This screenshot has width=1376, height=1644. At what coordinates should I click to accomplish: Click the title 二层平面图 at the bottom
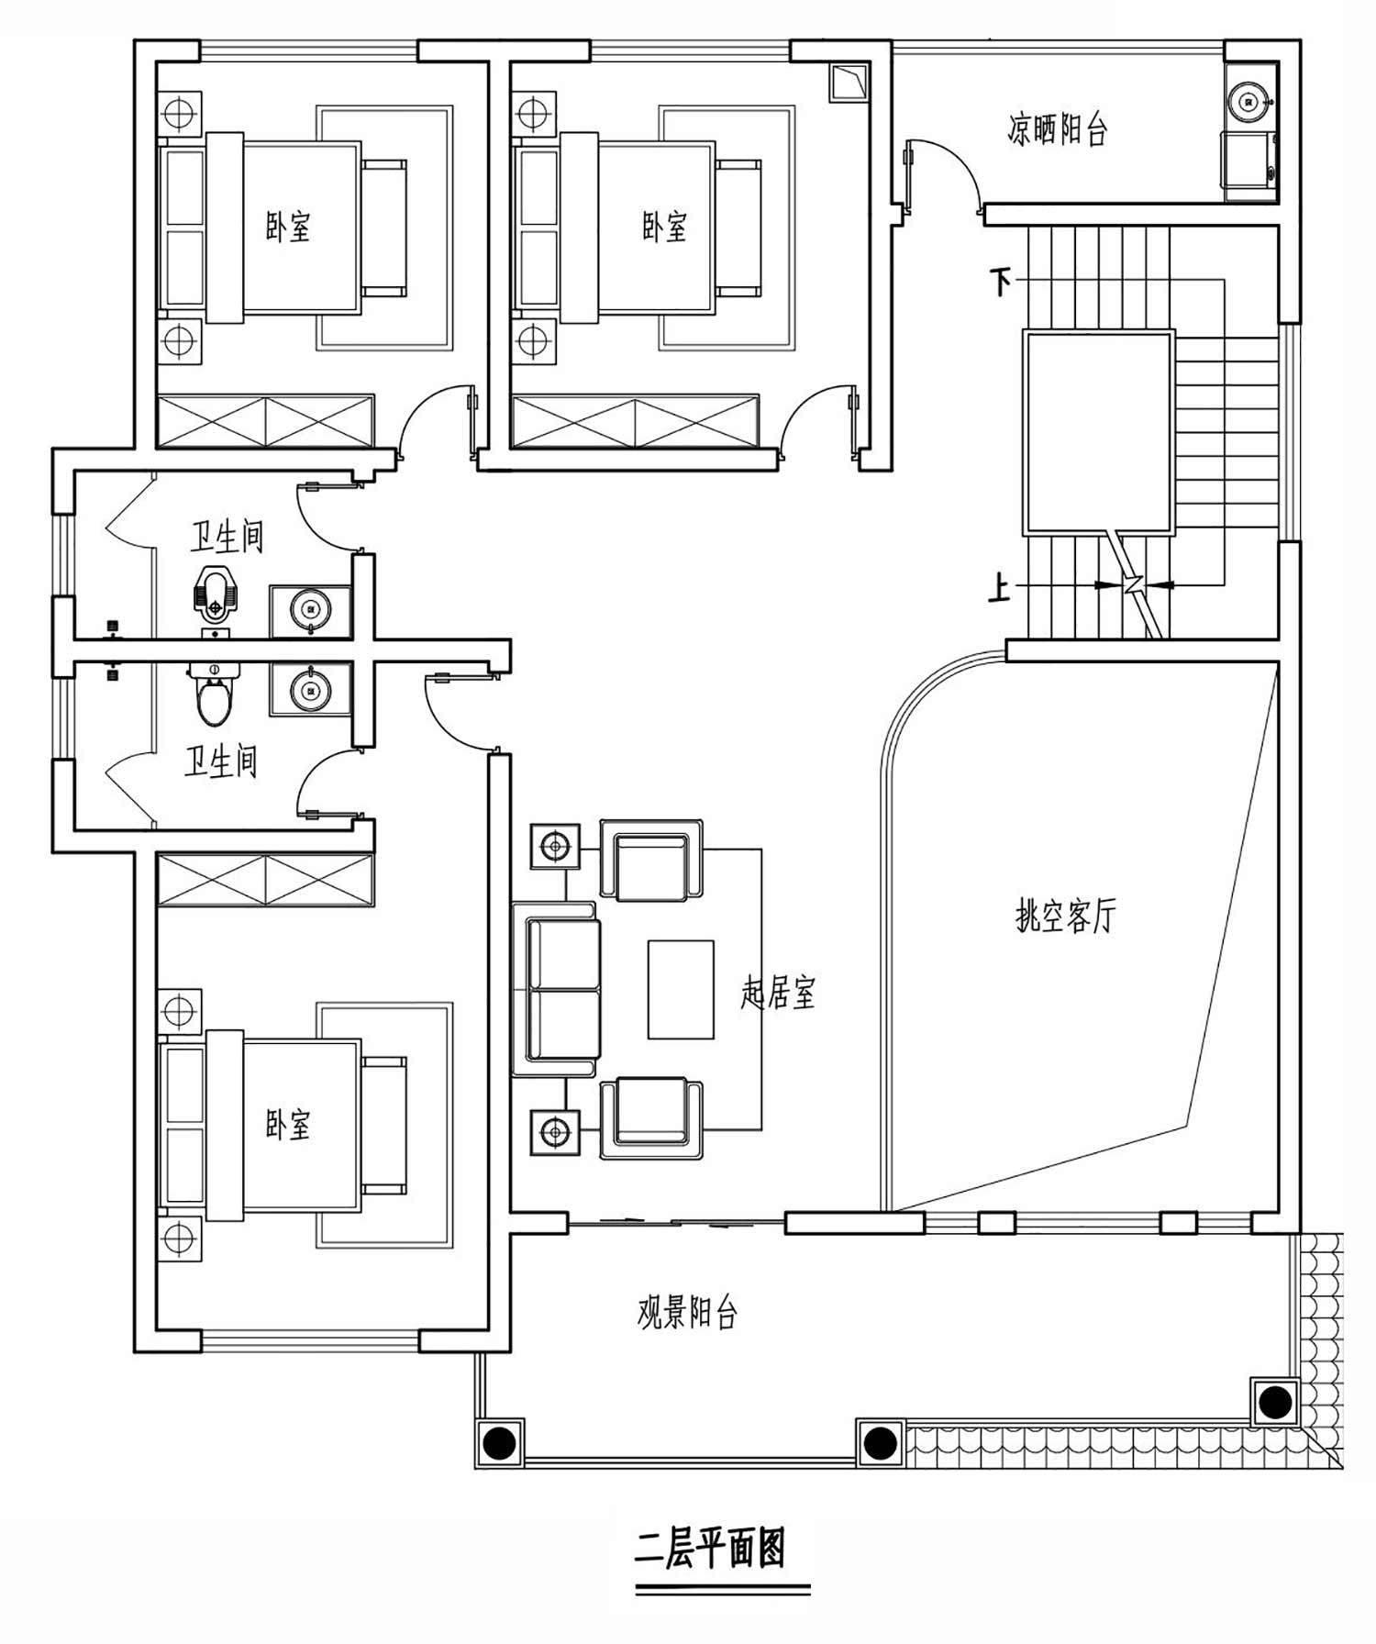710,1549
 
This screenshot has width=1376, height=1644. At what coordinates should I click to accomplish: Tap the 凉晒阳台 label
1058,129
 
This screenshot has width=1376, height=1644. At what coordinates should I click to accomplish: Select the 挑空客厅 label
1066,915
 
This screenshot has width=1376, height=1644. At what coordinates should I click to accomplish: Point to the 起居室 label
778,992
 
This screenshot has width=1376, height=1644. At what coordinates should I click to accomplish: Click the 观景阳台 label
688,1313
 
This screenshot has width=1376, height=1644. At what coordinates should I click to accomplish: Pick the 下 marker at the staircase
1000,280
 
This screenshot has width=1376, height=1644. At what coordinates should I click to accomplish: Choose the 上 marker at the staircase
999,587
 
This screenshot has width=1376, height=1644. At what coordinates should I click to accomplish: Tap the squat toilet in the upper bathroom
215,594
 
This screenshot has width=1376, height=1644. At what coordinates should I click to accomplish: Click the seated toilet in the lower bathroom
216,694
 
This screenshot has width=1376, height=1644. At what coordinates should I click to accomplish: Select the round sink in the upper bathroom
310,609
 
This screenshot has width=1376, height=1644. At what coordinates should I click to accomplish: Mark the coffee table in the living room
681,989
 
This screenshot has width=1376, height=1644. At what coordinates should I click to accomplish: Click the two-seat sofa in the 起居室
556,989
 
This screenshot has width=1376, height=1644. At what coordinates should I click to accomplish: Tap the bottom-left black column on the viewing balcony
499,1443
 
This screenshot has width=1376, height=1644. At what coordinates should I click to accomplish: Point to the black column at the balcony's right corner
1275,1401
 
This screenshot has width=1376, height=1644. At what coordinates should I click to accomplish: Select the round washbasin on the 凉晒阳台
1248,101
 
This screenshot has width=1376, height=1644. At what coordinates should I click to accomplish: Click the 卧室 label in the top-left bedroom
288,227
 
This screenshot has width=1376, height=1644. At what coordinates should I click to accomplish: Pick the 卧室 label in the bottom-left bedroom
288,1125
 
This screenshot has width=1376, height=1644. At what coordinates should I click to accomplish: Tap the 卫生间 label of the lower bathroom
221,761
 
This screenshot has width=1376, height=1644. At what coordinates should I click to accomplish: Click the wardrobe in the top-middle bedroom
635,422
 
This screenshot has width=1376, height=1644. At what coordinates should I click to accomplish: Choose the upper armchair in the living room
651,860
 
